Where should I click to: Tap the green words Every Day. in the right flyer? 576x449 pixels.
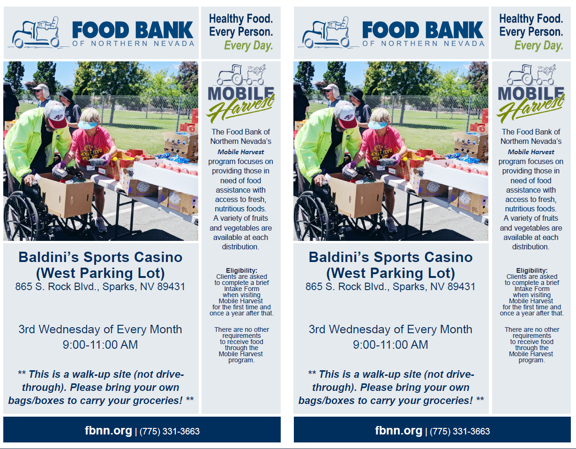539,45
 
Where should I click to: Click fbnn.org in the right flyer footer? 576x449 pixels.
398,430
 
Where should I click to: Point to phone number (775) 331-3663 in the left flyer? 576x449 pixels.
169,431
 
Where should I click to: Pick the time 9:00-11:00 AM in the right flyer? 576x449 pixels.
390,344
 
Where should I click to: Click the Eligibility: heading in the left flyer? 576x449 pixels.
241,270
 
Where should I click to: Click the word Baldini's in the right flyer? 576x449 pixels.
339,257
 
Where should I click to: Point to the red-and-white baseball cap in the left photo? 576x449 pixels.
56,114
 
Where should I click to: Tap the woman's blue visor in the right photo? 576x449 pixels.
378,125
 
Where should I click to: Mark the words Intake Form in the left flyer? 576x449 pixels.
241,289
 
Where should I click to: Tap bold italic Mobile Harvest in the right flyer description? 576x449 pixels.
531,152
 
